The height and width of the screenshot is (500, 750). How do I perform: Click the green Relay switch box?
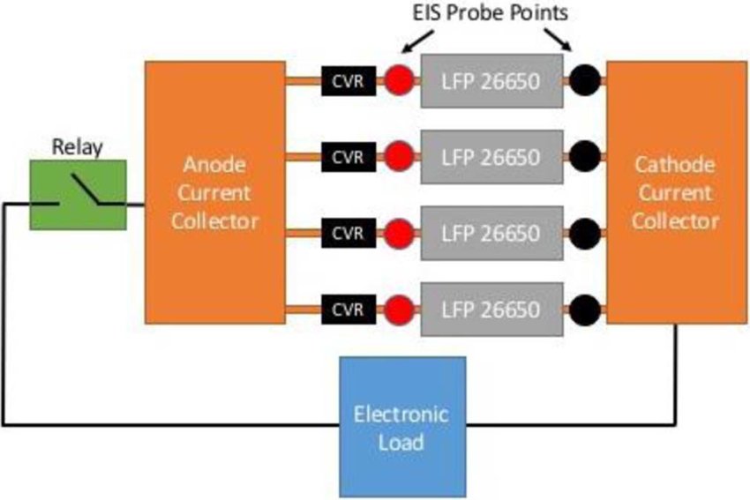point(79,194)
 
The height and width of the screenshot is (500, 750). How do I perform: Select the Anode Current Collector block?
point(215,192)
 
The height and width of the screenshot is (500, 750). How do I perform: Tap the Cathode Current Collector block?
point(676,192)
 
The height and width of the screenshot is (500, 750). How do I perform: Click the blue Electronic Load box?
point(401,427)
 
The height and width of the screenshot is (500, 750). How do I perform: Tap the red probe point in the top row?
point(400,81)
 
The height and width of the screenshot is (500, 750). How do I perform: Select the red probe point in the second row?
point(400,157)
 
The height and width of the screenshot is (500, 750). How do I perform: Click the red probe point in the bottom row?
point(400,309)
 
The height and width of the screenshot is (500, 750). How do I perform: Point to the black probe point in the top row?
point(584,81)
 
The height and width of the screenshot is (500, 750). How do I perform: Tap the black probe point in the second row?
point(584,157)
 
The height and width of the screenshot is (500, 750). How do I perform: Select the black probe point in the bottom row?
point(584,309)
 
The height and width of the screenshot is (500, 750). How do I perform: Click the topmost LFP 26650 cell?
point(491,81)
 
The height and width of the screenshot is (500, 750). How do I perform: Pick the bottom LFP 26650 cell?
point(491,309)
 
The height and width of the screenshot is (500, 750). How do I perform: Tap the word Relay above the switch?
point(78,146)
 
